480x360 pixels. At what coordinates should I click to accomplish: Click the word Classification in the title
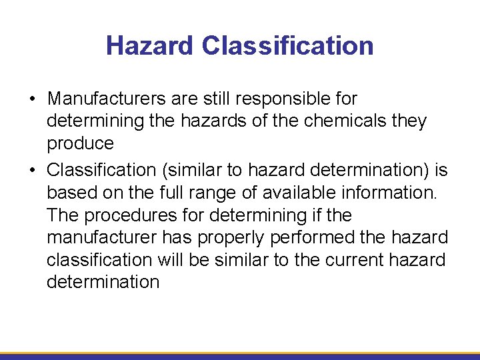pos(287,46)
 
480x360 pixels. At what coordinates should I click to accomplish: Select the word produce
pos(80,144)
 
